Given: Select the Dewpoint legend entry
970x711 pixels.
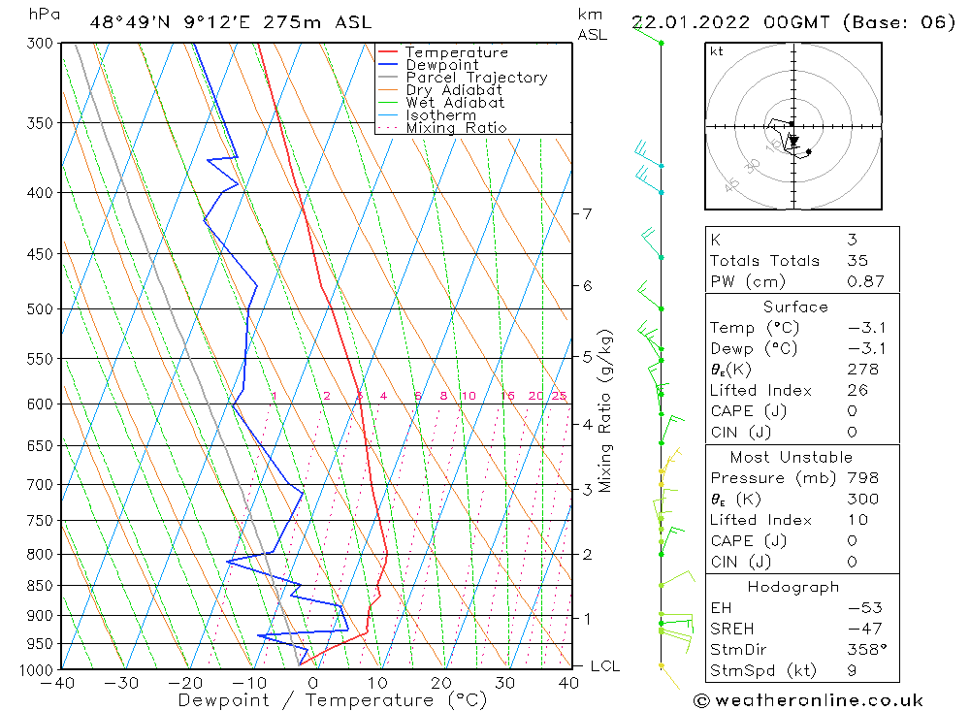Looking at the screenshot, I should click(441, 65).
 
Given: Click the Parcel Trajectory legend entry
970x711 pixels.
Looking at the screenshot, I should click(476, 78).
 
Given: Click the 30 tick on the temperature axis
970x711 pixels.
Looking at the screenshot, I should click(505, 683).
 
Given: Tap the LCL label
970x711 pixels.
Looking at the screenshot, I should click(604, 666).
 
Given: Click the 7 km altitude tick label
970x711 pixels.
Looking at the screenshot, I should click(588, 213).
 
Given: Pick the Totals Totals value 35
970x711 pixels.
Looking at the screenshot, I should click(857, 260).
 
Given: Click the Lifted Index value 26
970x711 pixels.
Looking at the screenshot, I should click(857, 390).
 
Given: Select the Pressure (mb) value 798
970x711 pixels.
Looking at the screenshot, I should click(861, 478).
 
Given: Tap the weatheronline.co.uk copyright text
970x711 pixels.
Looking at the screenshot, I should click(808, 699).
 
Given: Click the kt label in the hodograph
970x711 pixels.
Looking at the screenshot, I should click(717, 51).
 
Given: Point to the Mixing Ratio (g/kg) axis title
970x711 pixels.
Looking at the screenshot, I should click(606, 410).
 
